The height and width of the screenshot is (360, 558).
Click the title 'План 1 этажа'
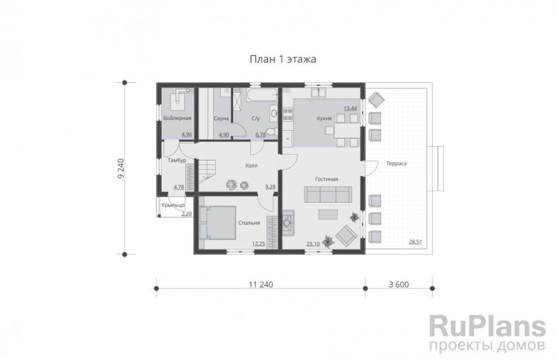(x=283, y=59)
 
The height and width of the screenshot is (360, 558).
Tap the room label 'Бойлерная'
(x=177, y=118)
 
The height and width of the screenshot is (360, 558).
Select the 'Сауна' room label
(x=221, y=119)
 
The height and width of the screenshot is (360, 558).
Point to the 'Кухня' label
(x=324, y=119)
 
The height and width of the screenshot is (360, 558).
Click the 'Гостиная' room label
(x=326, y=179)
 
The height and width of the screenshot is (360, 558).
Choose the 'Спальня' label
(x=249, y=223)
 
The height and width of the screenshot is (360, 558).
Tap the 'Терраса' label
(x=397, y=163)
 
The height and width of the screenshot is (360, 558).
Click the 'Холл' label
(x=251, y=166)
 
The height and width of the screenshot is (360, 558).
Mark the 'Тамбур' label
(x=177, y=161)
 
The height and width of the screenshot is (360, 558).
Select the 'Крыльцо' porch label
(x=173, y=205)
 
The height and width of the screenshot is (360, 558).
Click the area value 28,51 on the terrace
(x=415, y=242)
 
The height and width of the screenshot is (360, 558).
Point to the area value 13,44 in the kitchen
(x=350, y=108)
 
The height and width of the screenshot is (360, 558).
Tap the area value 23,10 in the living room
(x=313, y=244)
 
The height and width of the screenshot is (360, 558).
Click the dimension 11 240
(x=261, y=285)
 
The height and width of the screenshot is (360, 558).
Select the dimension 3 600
(x=399, y=285)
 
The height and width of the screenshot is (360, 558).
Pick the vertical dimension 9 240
(x=121, y=168)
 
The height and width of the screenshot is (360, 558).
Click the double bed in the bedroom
(x=217, y=222)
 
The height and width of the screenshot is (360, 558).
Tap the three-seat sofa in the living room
(x=327, y=194)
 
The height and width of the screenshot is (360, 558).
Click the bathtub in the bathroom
(x=262, y=94)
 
